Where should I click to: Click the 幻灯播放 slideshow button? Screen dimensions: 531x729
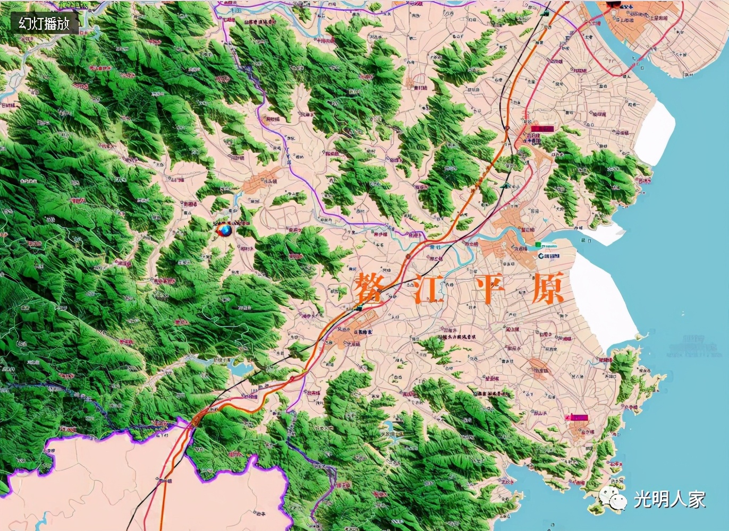click(x=44, y=23)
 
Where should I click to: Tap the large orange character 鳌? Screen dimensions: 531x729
click(x=369, y=289)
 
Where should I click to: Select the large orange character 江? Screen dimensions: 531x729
click(x=429, y=289)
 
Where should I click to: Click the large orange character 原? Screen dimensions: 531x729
click(x=548, y=289)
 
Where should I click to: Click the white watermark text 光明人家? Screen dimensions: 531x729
click(x=669, y=499)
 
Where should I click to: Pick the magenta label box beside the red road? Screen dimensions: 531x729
click(x=542, y=129)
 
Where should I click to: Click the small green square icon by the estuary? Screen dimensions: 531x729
click(x=538, y=245)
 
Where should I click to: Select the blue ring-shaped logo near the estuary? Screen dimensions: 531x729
click(x=541, y=256)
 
